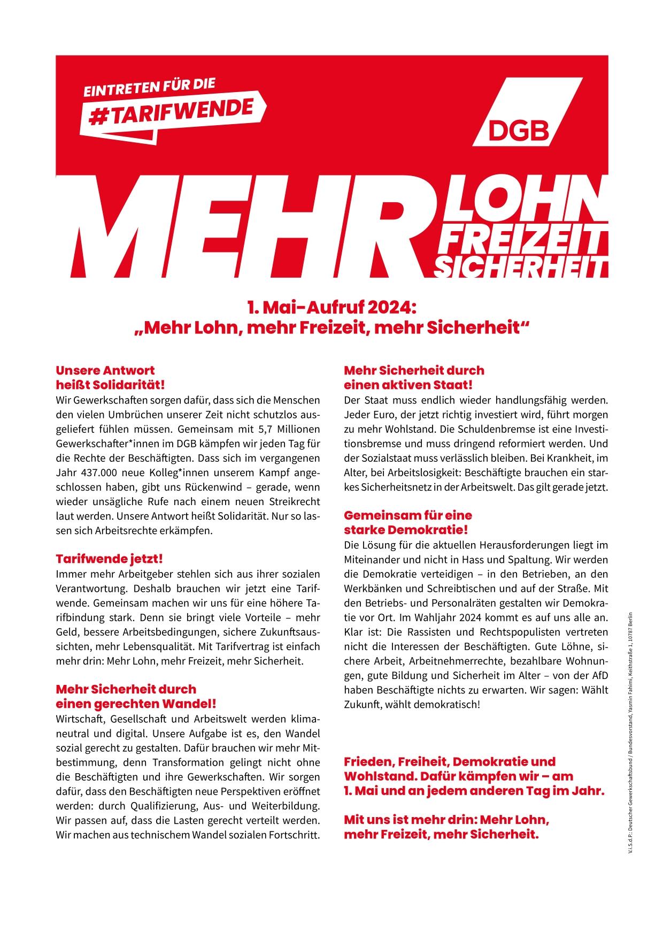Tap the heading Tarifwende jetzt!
tap(109, 559)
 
